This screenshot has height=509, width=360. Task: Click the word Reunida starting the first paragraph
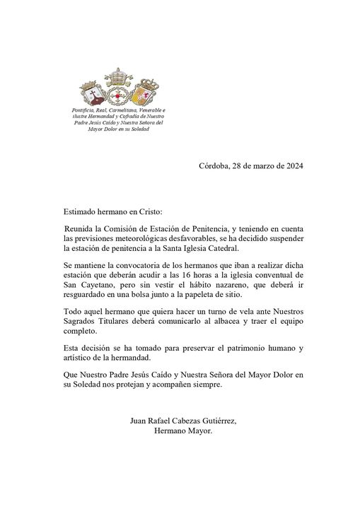[82, 229]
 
